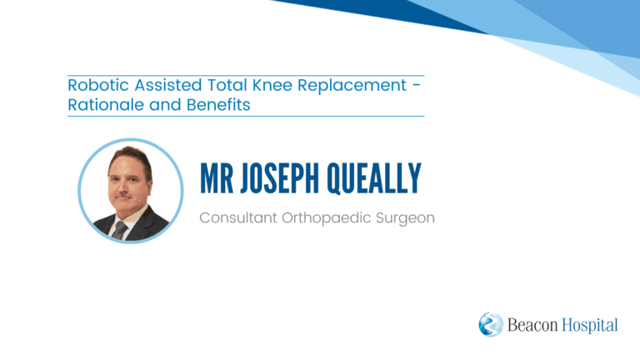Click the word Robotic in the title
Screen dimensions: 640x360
coord(98,85)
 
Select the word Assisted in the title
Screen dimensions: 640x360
coord(167,85)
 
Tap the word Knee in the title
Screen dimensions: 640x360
coord(272,85)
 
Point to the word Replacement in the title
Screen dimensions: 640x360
coord(352,86)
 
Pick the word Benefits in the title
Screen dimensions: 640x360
coord(218,104)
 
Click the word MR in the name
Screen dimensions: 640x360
coord(217,178)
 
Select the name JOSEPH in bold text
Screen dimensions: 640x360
coord(280,178)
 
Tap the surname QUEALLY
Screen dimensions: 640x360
coord(373,178)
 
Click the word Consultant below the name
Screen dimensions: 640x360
coord(238,217)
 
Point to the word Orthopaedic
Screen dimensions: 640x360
coord(326,218)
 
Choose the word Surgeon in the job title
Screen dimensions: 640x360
coord(405,219)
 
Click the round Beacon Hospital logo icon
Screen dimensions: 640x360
coord(491,324)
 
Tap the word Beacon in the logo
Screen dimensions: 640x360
coord(532,325)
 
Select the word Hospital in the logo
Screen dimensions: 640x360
coord(590,326)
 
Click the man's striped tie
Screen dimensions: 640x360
coord(120,230)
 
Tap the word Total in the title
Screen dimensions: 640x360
coord(227,85)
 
